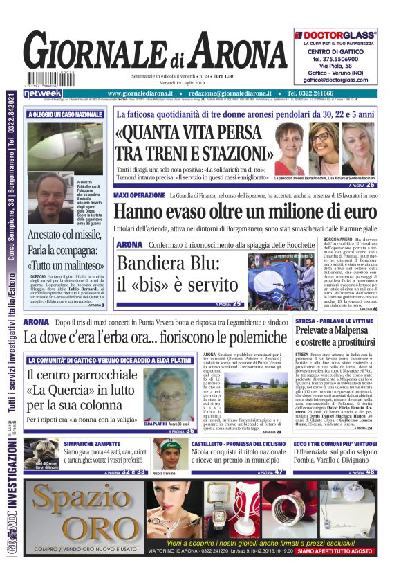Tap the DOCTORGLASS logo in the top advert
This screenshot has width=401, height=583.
click(336, 34)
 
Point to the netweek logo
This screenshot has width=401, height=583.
click(43, 93)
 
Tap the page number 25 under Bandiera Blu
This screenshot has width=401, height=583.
click(237, 304)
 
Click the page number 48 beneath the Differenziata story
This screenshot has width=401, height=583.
click(372, 472)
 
